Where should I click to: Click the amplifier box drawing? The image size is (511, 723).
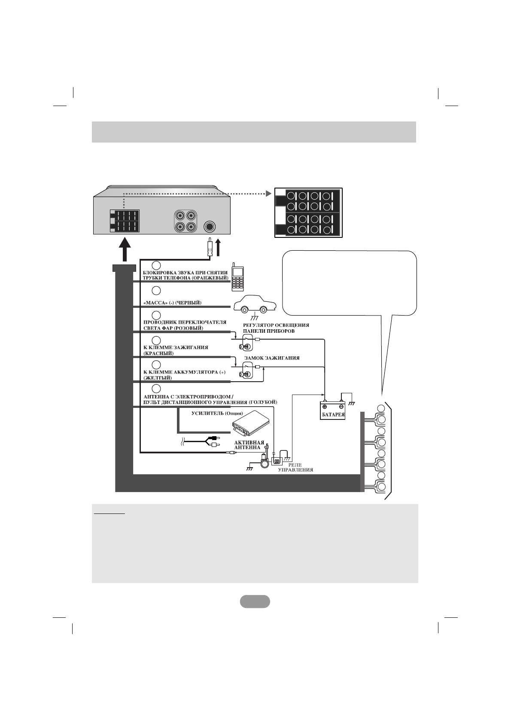point(251,423)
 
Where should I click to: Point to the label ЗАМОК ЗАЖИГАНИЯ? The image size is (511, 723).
point(271,358)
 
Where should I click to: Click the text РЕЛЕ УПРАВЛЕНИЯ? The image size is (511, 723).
point(295,467)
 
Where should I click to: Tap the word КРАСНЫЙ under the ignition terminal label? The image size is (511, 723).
point(158,353)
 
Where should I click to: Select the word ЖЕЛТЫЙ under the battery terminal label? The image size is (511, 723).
point(158,378)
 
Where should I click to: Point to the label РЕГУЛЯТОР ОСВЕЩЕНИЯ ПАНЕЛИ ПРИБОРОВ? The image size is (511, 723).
point(276,328)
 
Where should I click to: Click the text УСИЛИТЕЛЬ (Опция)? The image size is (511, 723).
point(214,413)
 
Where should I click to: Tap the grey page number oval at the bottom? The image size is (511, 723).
point(255,601)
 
